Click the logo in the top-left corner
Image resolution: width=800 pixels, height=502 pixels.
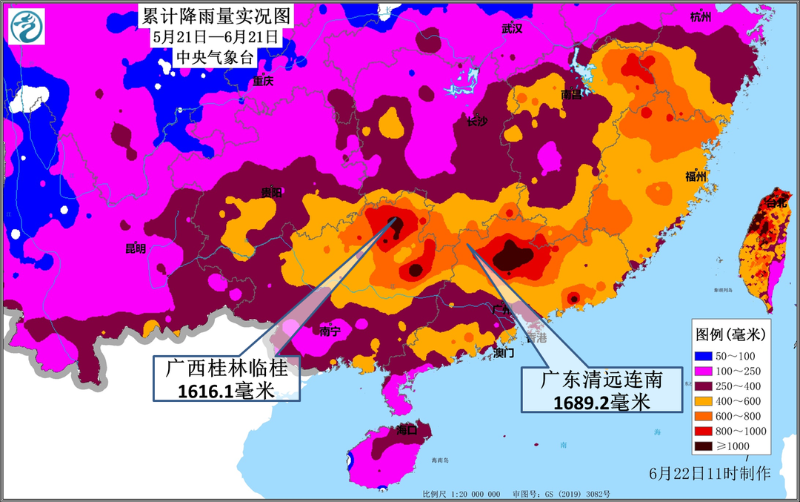point(27,27)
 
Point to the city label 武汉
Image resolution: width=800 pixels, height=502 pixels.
point(512,29)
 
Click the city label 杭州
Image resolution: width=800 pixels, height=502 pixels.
point(699,17)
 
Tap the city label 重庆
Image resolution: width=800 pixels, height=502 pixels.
point(262,82)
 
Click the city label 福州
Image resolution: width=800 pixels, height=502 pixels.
point(697,176)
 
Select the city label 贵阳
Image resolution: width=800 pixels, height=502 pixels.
point(272,192)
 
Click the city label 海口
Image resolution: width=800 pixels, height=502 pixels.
point(407,429)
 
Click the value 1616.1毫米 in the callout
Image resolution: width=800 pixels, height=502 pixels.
point(226,389)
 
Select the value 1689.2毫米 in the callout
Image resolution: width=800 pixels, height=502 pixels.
point(601,401)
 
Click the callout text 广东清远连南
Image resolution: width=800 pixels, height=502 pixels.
point(601,380)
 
